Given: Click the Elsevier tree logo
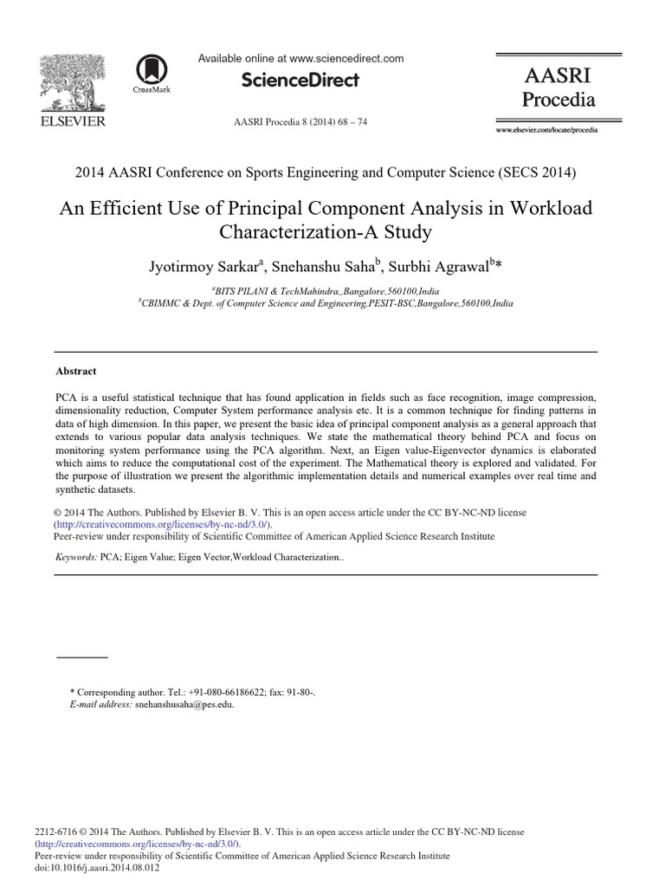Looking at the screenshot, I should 73,81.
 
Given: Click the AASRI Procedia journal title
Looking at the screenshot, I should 558,87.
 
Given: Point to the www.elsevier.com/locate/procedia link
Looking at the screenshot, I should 546,129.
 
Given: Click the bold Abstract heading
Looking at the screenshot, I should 75,370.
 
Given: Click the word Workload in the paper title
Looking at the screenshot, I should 548,210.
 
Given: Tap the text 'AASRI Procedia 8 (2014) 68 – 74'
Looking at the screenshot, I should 301,122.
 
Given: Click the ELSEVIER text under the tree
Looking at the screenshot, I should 73,121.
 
